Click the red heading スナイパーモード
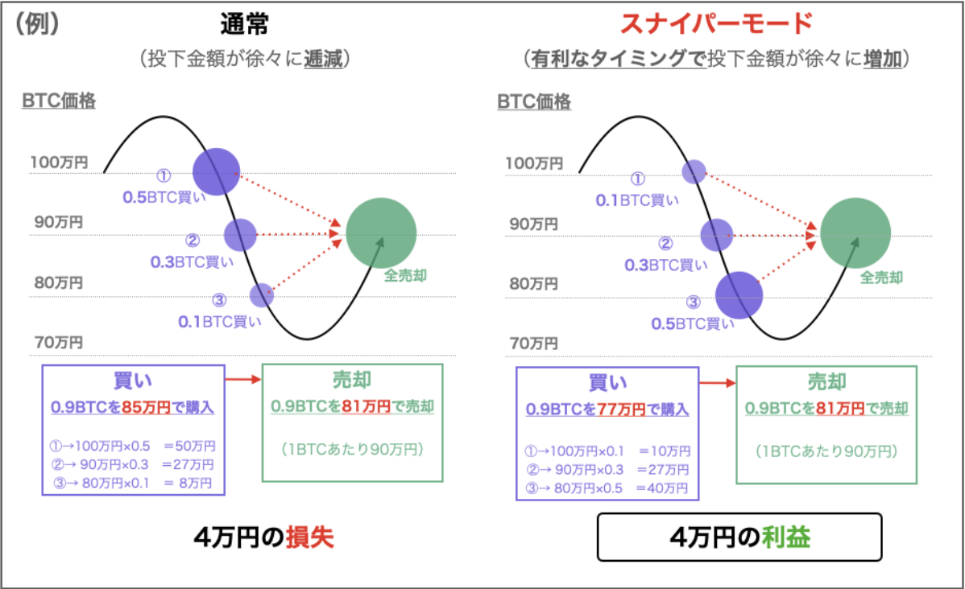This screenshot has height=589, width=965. (716, 23)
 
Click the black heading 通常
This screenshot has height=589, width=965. (244, 24)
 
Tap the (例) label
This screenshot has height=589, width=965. (37, 23)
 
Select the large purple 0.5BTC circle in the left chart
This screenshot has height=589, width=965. (216, 172)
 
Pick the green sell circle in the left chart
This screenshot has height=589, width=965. (381, 233)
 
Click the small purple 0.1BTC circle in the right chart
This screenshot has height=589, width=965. (694, 171)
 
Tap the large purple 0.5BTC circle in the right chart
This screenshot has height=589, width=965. (739, 295)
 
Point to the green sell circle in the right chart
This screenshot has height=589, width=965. (855, 233)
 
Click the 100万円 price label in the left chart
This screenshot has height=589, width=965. (59, 163)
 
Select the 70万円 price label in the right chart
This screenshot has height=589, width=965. (533, 343)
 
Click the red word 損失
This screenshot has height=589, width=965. (309, 538)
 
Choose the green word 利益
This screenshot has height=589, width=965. (786, 538)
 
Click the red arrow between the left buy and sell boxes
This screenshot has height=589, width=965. (244, 379)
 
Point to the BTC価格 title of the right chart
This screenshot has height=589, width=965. (534, 101)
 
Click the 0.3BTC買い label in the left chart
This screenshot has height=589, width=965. (192, 262)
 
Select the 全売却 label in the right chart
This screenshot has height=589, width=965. (881, 278)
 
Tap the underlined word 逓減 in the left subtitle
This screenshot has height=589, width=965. (323, 59)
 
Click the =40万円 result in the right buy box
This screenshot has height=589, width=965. (662, 488)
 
